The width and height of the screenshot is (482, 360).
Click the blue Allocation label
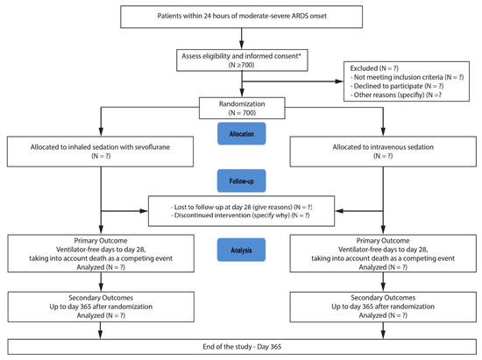242,134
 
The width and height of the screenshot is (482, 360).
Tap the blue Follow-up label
242,181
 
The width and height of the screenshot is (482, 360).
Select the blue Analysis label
241,250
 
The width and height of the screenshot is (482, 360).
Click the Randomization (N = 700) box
242,108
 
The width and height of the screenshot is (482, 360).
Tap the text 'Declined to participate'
388,86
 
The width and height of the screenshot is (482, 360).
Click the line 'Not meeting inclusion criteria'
399,77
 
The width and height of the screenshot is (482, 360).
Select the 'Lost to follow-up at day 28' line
233,207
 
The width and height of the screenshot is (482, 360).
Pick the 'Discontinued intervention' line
232,215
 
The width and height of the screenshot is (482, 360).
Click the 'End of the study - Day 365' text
242,347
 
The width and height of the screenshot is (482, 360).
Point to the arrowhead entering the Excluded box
339,81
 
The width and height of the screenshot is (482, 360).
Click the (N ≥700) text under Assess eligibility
242,65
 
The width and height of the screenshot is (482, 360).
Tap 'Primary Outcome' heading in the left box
101,241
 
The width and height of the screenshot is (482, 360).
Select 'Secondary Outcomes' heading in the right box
383,298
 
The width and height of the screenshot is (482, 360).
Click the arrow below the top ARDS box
242,39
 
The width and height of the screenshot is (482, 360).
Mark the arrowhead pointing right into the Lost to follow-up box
144,211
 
